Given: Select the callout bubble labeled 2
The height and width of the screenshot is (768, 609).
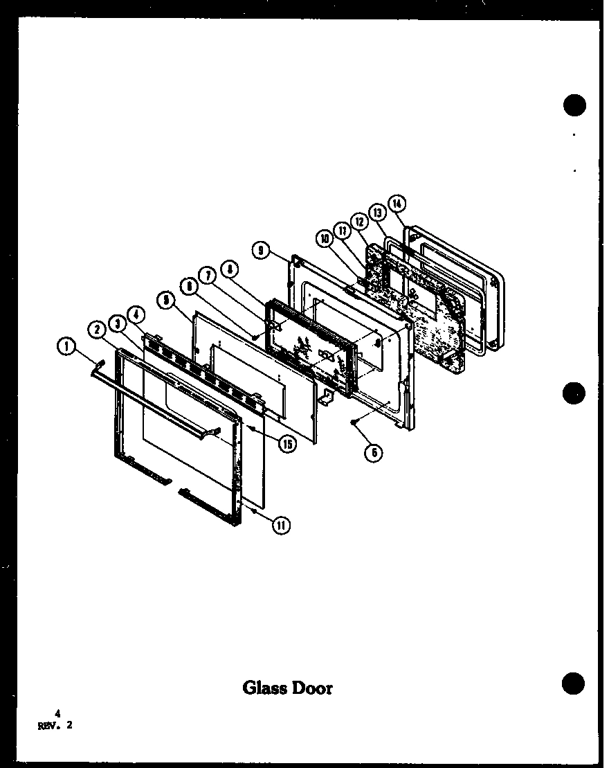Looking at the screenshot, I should point(97,330).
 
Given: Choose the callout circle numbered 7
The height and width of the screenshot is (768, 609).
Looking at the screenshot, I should point(207,276).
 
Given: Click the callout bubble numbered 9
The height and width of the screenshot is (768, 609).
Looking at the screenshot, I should point(260,251).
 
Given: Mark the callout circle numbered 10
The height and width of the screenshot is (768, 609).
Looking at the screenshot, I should point(324,239).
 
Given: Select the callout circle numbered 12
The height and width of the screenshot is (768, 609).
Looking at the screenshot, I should point(359,221).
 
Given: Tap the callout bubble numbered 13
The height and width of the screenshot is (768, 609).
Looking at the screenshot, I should point(377,212).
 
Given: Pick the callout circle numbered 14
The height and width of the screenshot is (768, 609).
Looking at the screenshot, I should point(397,204).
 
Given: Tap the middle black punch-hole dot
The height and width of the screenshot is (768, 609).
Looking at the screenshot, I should point(574,393).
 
